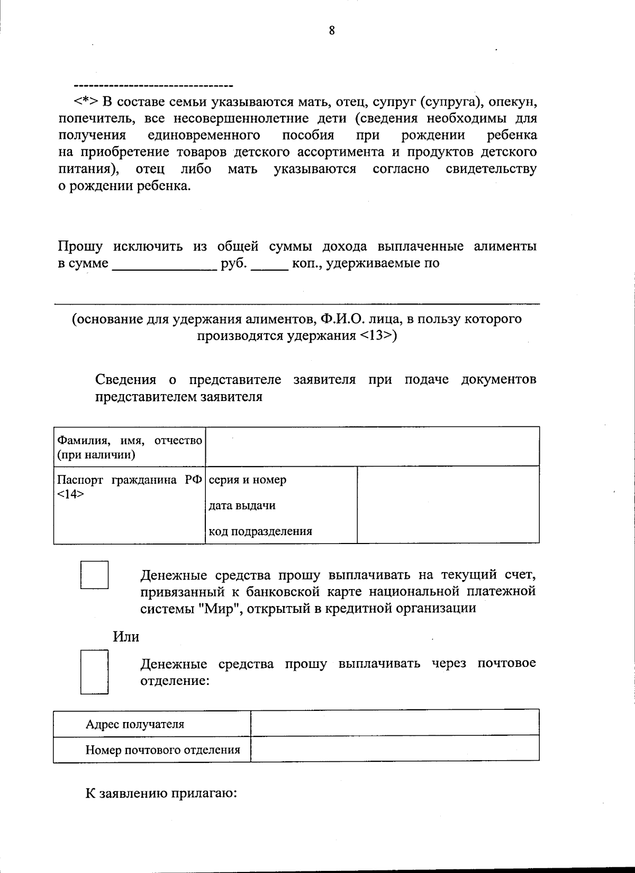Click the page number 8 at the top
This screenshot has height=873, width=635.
332,31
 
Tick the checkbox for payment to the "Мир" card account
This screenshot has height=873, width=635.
95,575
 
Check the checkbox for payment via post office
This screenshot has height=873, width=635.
95,671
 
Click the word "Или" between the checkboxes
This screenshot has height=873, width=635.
126,636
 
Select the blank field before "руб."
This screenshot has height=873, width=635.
165,263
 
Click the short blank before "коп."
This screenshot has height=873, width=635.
269,263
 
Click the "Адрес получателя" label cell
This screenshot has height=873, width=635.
135,724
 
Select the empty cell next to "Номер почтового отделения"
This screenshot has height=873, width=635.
395,750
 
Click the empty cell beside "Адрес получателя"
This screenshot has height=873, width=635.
395,723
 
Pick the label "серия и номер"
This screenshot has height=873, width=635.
248,480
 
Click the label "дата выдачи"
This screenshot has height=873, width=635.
242,505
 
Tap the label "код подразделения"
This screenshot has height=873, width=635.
260,531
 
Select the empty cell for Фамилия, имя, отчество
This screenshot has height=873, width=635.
372,447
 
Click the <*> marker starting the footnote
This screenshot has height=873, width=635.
85,101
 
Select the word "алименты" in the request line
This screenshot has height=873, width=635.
505,246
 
